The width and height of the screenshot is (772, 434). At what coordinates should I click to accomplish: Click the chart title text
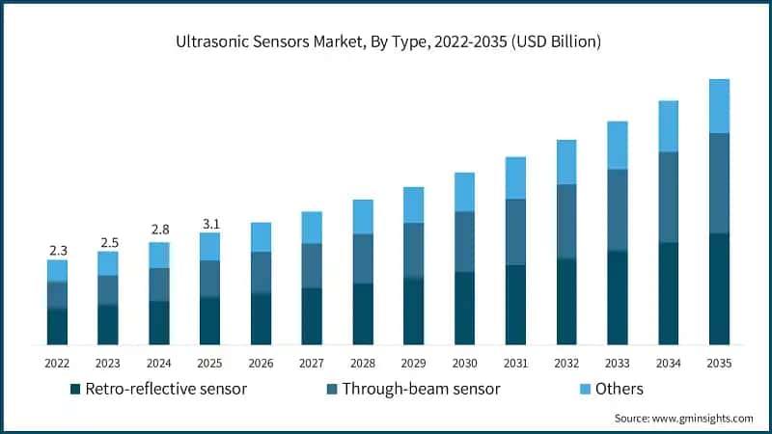point(386,41)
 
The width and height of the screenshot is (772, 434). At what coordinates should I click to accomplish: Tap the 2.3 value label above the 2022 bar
point(58,251)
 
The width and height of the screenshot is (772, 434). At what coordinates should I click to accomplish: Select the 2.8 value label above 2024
point(159,230)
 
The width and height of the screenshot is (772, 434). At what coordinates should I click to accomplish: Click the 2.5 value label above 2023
point(108,241)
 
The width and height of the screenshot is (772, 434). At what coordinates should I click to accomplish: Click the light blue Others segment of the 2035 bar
point(719,106)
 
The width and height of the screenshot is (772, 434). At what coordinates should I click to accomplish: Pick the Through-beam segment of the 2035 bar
point(719,183)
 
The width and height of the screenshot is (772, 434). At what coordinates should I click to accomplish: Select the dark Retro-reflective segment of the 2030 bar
point(464,309)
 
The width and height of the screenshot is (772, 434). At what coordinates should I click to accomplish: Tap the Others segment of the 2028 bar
point(363,217)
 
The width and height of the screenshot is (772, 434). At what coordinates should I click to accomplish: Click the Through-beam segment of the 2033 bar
point(618,210)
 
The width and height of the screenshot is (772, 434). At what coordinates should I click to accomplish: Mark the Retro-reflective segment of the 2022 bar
point(58,327)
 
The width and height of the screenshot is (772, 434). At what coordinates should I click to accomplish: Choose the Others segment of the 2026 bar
point(261,237)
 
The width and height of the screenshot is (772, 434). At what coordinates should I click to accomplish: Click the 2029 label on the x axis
point(413,364)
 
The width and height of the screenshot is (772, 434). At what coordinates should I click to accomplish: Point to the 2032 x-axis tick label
point(566,364)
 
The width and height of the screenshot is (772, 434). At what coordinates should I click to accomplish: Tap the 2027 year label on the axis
point(312,364)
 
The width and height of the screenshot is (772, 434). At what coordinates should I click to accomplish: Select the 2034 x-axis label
point(668,364)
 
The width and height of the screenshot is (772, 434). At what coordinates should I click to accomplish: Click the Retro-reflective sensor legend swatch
point(75,390)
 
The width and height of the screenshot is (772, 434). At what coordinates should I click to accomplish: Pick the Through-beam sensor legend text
point(420,390)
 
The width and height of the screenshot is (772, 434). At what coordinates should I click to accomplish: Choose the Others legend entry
point(619,390)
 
